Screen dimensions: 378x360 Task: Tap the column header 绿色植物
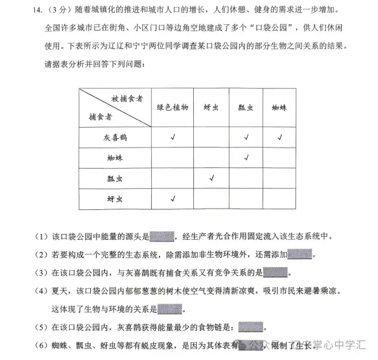coord(173,107)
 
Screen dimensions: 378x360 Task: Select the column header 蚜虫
coord(211,107)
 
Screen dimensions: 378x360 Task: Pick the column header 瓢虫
coord(245,108)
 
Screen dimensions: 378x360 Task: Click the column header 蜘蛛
coord(280,108)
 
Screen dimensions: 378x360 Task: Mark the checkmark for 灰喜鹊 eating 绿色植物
coord(173,137)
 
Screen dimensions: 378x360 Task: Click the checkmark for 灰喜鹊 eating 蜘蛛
coord(280,137)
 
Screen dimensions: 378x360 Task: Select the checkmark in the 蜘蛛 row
coord(246,157)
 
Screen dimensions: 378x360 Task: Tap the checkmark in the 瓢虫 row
coord(211,178)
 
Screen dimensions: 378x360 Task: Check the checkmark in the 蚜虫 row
coord(173,198)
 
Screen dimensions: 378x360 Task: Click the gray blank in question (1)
coord(161,237)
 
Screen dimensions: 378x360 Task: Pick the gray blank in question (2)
coord(300,255)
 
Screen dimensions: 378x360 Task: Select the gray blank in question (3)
coord(275,273)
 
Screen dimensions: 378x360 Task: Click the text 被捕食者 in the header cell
coord(126,99)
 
